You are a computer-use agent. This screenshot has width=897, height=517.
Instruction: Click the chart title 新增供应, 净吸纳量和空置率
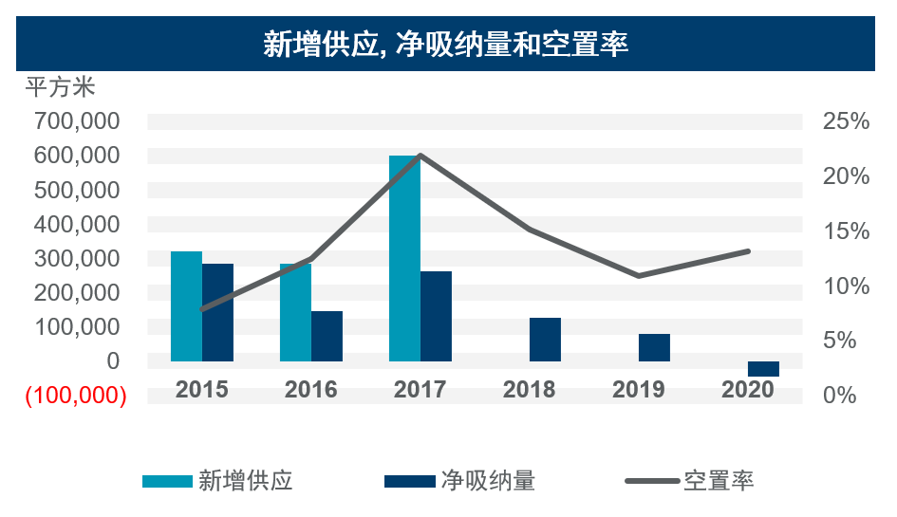coord(446,44)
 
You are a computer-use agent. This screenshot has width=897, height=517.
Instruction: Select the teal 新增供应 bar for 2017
coord(404,258)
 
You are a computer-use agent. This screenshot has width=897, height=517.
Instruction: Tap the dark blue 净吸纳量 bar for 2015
coord(217,312)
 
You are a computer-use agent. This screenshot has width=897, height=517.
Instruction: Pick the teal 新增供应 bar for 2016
coord(295,312)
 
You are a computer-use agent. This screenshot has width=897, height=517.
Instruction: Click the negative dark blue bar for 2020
coord(763,369)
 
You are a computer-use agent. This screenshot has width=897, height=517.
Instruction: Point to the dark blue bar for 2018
coord(545,340)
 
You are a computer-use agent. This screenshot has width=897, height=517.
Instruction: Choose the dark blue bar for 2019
coord(654,347)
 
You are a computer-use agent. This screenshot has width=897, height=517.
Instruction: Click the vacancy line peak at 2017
coord(420,156)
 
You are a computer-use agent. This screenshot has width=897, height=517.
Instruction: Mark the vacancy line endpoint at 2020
coord(748,251)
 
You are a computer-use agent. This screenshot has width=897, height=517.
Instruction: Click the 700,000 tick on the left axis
coord(77,121)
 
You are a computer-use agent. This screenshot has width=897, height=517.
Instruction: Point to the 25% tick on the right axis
coord(846,121)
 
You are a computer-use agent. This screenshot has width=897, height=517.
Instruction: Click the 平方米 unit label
coord(60,89)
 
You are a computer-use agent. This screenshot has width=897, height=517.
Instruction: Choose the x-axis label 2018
coord(530,390)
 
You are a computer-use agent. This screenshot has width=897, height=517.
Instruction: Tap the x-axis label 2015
coord(201,390)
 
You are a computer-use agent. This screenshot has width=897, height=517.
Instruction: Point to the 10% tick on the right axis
coord(846,286)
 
